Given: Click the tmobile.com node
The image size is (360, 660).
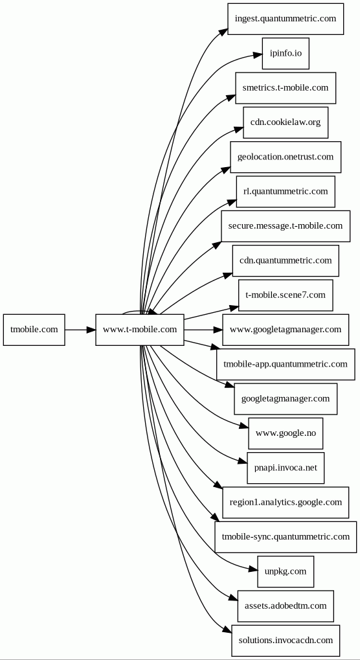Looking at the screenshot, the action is (x=34, y=330).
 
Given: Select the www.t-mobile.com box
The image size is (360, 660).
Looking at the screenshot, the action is (x=140, y=330).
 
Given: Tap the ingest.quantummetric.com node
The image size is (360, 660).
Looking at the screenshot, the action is (x=286, y=19).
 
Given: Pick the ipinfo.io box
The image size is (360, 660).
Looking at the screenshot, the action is (x=286, y=54).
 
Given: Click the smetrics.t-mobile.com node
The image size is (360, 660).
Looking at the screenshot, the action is (x=286, y=88).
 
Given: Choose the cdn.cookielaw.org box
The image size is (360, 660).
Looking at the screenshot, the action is (x=286, y=122).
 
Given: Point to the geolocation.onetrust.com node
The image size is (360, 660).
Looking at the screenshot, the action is (x=286, y=157).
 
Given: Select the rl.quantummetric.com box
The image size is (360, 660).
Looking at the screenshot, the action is (x=286, y=192).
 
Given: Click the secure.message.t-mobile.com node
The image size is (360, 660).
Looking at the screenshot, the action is (x=286, y=226).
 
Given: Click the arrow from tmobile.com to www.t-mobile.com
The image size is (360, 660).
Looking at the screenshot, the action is (x=80, y=330).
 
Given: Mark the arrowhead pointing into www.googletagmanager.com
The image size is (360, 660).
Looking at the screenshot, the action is (x=218, y=330).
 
